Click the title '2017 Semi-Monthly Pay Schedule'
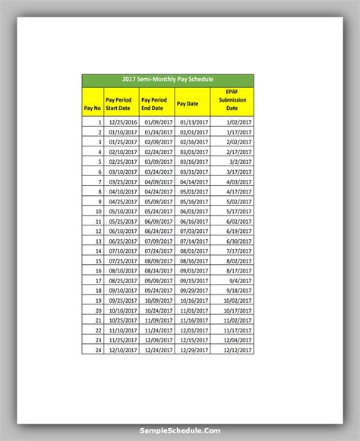coord(168,80)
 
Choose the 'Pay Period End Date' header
coord(156,104)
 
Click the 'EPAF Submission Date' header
coord(232,99)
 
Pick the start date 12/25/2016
coord(122,121)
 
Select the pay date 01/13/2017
coord(194,121)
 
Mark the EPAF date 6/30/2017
coord(238,241)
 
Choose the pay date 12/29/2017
coord(194,350)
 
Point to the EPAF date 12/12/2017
coord(236,350)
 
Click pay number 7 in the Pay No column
coord(99,181)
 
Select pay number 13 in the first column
coord(98,241)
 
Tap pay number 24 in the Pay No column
coord(98,350)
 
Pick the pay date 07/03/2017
coord(194,231)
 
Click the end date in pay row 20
coord(158,310)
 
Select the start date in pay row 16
coord(122,271)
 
